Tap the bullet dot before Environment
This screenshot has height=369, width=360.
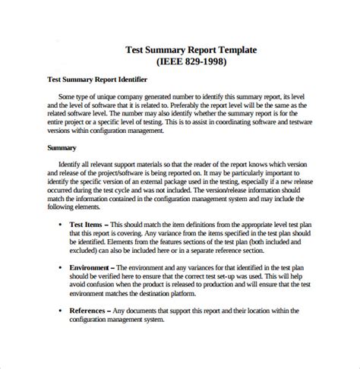(60, 267)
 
